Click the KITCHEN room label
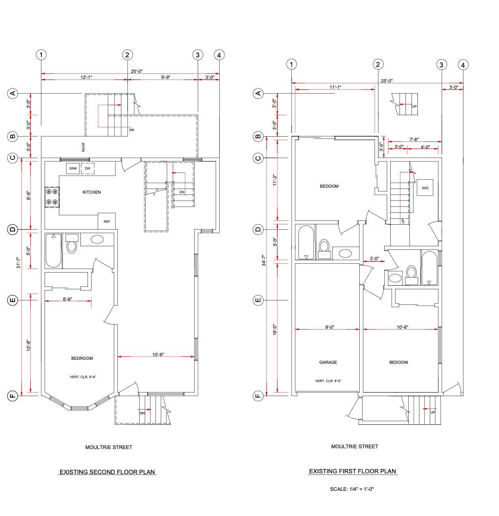click(92, 192)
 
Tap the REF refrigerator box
click(107, 221)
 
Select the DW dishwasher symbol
click(88, 169)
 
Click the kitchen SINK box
click(73, 169)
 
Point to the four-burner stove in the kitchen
click(52, 197)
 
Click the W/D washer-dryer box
click(425, 187)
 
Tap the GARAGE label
click(328, 362)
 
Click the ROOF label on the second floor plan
click(84, 147)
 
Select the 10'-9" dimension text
click(158, 355)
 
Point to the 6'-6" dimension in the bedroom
click(68, 299)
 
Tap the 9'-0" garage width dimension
click(330, 327)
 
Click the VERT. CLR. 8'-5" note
click(328, 381)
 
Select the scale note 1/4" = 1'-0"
click(352, 489)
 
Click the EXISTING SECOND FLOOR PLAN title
click(107, 472)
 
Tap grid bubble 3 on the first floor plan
click(441, 65)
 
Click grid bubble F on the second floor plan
click(12, 396)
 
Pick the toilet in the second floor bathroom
click(71, 243)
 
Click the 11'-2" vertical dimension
click(275, 180)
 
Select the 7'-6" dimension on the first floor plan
click(414, 139)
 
